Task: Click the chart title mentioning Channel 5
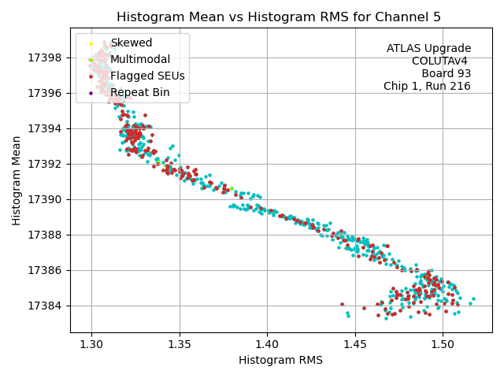(279, 17)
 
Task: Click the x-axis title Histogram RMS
(280, 361)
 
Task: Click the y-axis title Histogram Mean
(17, 180)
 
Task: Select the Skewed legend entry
(131, 43)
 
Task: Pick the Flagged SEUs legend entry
(147, 76)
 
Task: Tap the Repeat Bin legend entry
(139, 93)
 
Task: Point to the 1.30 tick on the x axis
(91, 344)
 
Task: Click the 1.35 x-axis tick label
(179, 344)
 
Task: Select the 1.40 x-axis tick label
(267, 344)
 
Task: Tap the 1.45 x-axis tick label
(354, 344)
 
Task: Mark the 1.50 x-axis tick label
(442, 344)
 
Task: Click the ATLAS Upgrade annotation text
(428, 49)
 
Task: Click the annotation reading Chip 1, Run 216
(427, 87)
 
